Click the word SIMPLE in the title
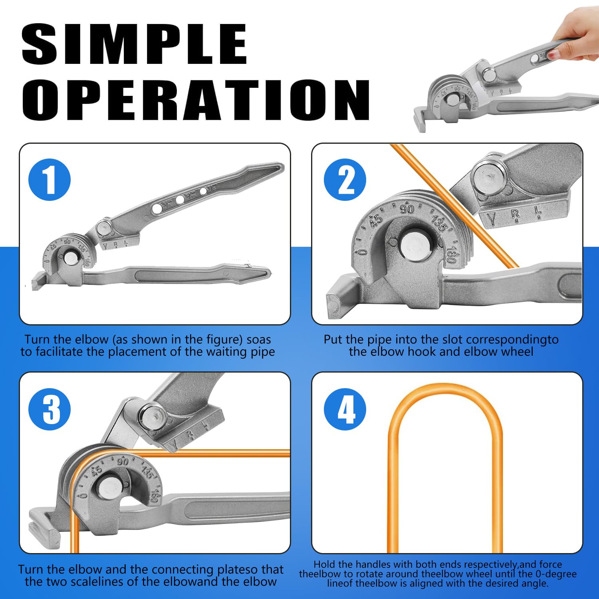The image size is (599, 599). tap(134, 44)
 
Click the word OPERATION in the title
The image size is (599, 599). tap(196, 100)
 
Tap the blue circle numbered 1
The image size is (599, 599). tap(50, 180)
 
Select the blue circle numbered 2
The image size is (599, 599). tap(345, 180)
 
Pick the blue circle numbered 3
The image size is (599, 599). tap(50, 409)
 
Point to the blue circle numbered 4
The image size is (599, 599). tap(345, 409)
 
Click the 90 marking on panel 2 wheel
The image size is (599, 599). tap(407, 209)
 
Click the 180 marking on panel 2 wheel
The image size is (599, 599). tap(451, 254)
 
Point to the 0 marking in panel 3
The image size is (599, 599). tap(83, 496)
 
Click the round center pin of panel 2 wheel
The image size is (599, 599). tap(416, 247)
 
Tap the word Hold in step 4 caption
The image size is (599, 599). tap(324, 564)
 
